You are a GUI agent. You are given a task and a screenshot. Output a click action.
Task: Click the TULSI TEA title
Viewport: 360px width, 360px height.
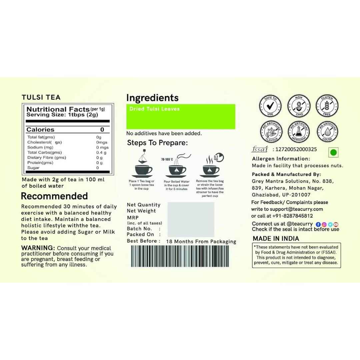[x=41, y=97]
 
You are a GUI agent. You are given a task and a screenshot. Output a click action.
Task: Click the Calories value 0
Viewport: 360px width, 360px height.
[x=102, y=130]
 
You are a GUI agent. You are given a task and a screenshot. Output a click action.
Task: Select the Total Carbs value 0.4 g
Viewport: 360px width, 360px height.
[x=101, y=152]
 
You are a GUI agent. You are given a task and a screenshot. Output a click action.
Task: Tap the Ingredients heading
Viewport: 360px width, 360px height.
[x=152, y=98]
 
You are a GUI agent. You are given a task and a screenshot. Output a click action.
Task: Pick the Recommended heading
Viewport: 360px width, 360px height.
[x=54, y=196]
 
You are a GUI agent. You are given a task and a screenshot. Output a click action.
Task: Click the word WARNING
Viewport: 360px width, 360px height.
[x=38, y=248]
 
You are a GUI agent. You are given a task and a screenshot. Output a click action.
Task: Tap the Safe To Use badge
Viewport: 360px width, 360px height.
[x=270, y=105]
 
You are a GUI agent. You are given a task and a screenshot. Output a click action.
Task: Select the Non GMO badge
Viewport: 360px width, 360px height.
[x=299, y=105]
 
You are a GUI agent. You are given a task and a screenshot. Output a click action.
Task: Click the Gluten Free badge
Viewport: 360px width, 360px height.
[x=327, y=105]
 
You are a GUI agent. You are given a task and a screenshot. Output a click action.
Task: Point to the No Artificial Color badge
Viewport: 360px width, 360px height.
[x=327, y=131]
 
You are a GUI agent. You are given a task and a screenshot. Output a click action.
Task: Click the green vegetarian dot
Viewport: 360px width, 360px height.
[x=333, y=153]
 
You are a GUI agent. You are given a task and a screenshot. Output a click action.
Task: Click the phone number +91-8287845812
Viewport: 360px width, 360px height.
[x=292, y=216]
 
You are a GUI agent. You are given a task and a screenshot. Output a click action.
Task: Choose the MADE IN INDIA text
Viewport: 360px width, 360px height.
[x=276, y=238]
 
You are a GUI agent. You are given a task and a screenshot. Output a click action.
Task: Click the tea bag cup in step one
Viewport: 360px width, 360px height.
[x=143, y=169]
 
